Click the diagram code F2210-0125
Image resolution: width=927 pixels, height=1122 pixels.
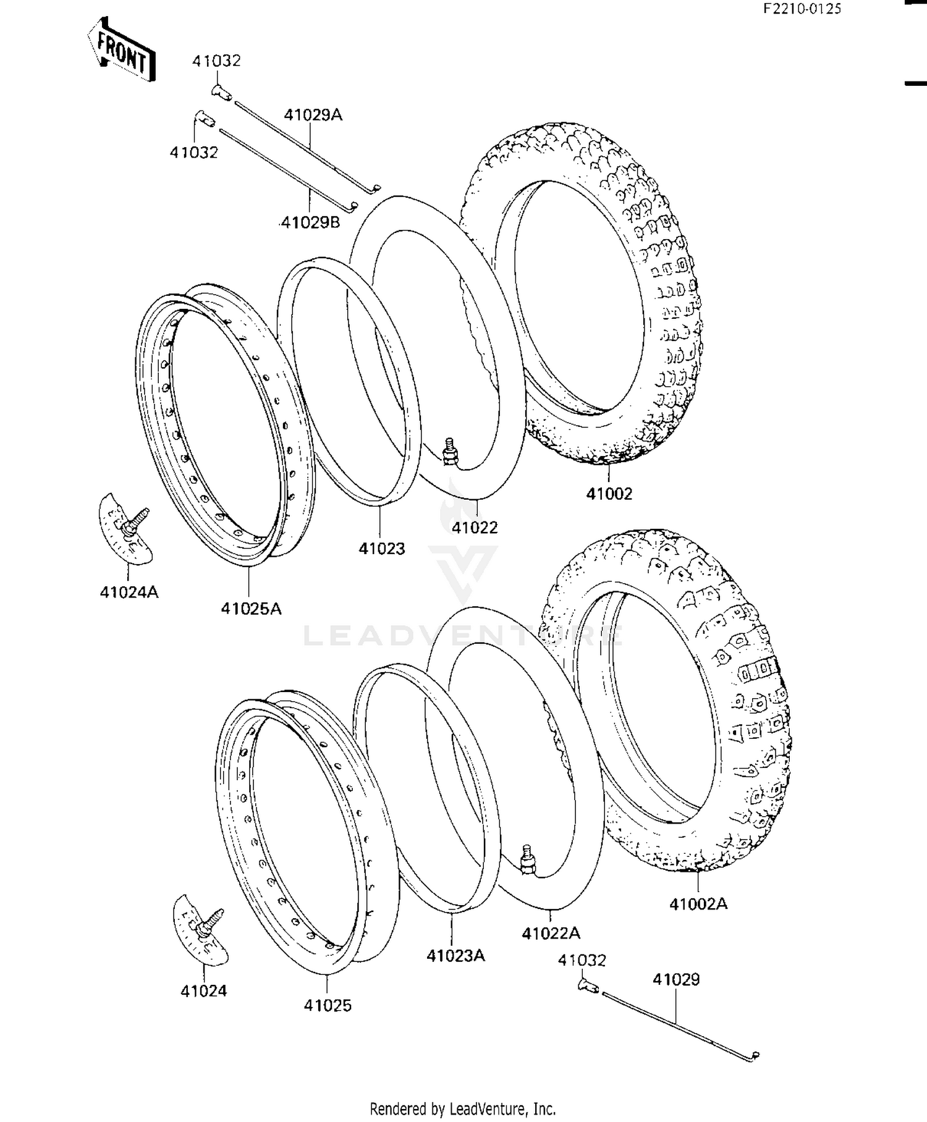click(802, 9)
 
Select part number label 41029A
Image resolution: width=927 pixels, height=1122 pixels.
click(313, 115)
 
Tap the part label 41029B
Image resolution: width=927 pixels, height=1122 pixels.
click(310, 222)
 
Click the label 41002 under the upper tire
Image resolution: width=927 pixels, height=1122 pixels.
click(609, 494)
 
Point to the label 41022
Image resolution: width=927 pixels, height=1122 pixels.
click(474, 528)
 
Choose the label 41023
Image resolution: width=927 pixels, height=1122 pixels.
click(382, 549)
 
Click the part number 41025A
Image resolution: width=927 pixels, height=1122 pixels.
click(251, 609)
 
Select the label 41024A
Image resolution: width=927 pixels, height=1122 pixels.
click(129, 593)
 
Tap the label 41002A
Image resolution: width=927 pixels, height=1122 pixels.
click(698, 905)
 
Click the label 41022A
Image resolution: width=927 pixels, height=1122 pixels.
click(551, 934)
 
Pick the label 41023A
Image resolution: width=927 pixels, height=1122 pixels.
click(455, 956)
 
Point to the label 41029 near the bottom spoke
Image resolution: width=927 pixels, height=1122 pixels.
click(676, 979)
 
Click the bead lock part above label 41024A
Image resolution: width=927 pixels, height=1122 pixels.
click(126, 529)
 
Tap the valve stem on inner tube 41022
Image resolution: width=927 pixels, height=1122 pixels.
click(449, 450)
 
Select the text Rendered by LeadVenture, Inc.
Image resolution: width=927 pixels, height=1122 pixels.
click(462, 1108)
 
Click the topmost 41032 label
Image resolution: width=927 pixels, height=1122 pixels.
click(216, 61)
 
